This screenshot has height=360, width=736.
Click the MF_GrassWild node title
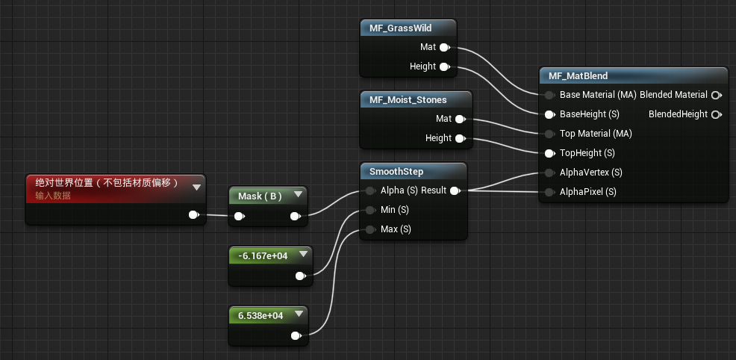[x=400, y=28]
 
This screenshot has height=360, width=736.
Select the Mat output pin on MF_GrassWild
[x=444, y=47]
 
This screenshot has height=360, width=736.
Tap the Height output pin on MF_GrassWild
[x=444, y=66]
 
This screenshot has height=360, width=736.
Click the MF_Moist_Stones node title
[x=408, y=99]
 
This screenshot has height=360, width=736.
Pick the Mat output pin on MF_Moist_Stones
[x=460, y=119]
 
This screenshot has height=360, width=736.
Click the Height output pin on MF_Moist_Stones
[x=460, y=138]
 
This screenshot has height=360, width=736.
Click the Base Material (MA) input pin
[x=550, y=95]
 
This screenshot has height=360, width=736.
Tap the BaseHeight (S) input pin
[x=550, y=114]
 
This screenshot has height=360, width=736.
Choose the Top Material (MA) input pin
[x=550, y=134]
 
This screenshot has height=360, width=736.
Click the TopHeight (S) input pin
[x=550, y=153]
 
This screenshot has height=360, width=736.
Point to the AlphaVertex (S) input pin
[x=550, y=173]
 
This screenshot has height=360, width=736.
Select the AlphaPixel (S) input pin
[x=550, y=192]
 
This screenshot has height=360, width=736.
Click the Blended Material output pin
[x=716, y=95]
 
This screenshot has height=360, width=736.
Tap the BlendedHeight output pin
[x=716, y=114]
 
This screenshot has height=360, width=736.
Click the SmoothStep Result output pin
[x=455, y=190]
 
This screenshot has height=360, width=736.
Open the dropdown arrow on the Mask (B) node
[x=297, y=195]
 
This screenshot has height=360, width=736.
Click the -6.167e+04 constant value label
[x=263, y=255]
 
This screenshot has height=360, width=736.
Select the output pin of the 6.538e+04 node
[x=300, y=335]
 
